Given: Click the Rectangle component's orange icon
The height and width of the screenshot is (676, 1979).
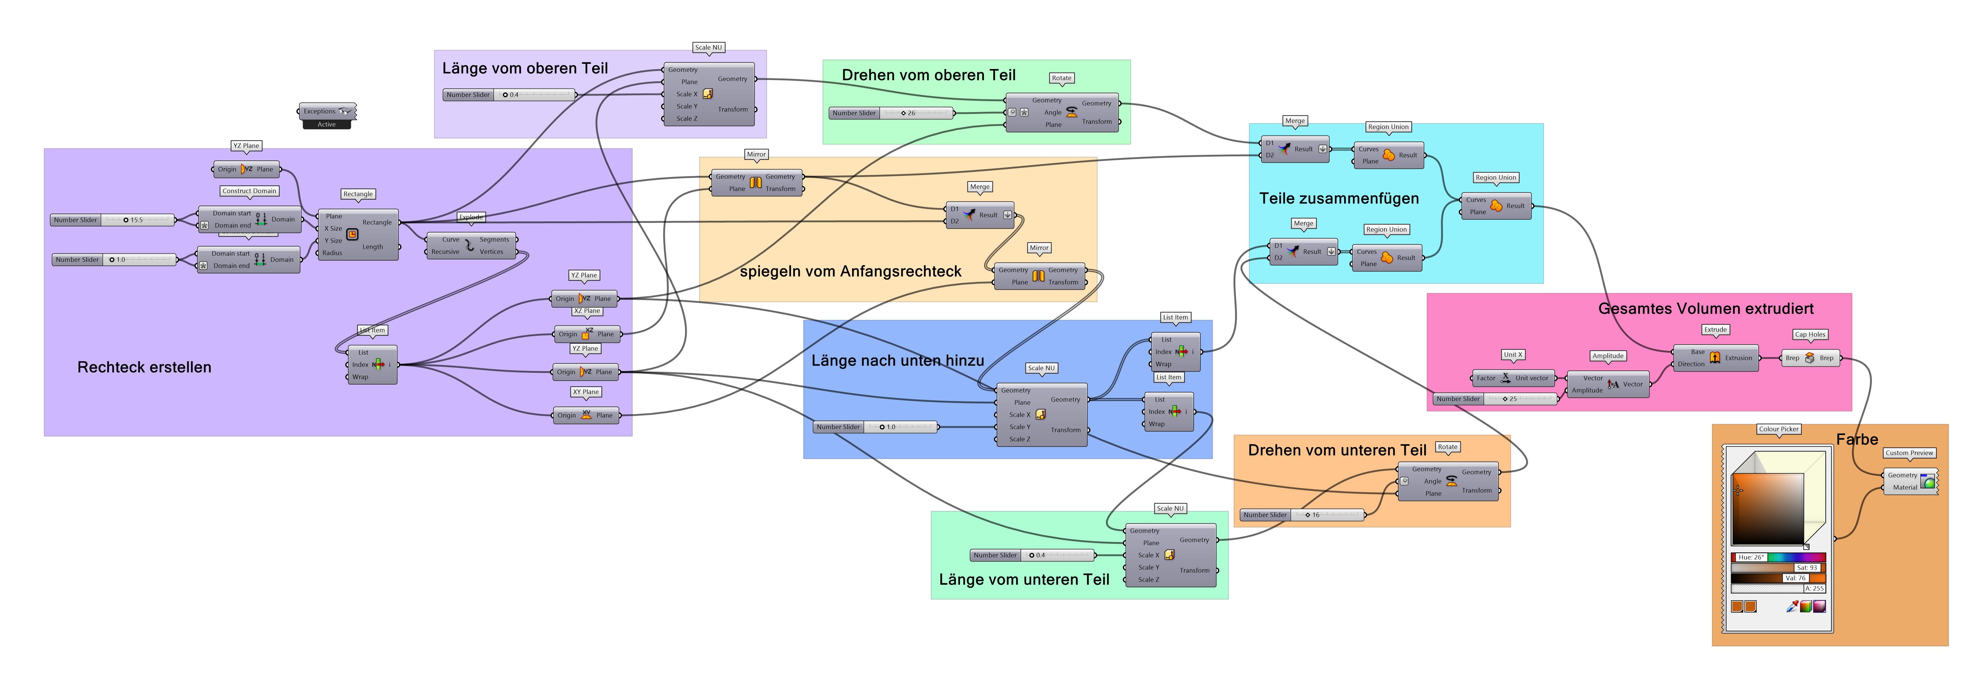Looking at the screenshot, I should click(352, 234).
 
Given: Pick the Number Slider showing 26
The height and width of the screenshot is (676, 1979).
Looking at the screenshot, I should click(891, 113).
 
